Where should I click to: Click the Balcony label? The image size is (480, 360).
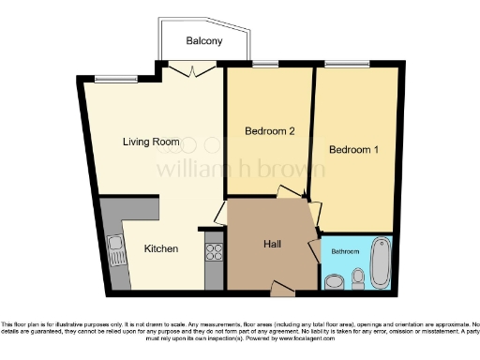[x=203, y=41]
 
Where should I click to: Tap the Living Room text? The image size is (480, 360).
[x=151, y=142]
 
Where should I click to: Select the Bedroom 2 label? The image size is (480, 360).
[x=270, y=131]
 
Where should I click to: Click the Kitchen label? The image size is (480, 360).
[x=160, y=249]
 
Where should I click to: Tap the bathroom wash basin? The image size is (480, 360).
[x=334, y=281]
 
